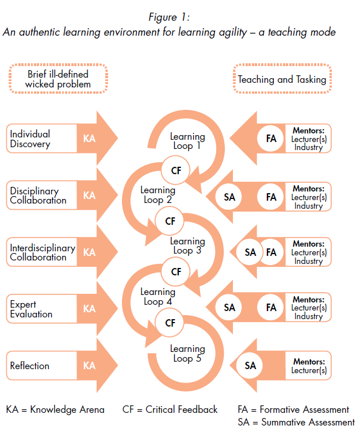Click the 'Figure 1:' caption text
pos(170,17)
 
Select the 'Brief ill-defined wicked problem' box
pos(58,79)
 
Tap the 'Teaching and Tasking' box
pos(282,79)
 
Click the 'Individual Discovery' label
pos(30,139)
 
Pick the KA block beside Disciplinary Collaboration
pos(89,195)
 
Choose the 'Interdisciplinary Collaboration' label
pos(43,252)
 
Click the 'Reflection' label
pos(30,366)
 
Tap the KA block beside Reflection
pos(89,366)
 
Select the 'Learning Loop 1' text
pos(187,141)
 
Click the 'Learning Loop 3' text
pos(187,246)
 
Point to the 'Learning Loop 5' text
pos(187,354)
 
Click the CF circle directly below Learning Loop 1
pos(171,170)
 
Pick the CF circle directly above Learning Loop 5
pos(171,323)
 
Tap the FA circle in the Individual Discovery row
pos(271,139)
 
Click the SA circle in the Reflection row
pos(251,366)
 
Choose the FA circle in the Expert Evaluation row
pos(271,308)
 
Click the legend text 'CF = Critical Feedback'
pos(170,409)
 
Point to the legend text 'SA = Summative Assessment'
pos(296,423)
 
